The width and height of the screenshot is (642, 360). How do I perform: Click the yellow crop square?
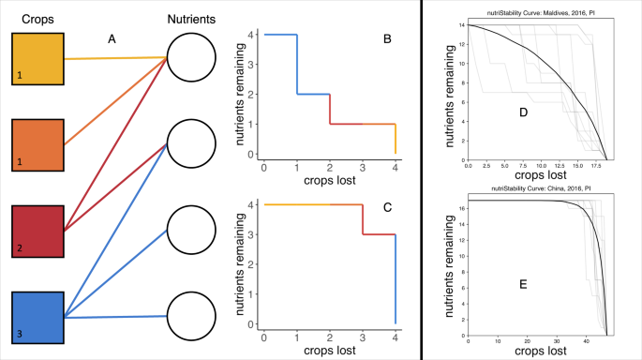click(x=37, y=58)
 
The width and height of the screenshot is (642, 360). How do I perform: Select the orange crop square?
click(x=37, y=144)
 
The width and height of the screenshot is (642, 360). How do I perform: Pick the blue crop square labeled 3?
click(x=37, y=318)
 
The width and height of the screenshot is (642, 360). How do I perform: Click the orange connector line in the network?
click(x=115, y=101)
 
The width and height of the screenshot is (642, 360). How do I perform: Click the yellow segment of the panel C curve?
click(x=297, y=204)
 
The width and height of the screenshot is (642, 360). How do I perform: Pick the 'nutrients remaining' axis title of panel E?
click(x=449, y=264)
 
